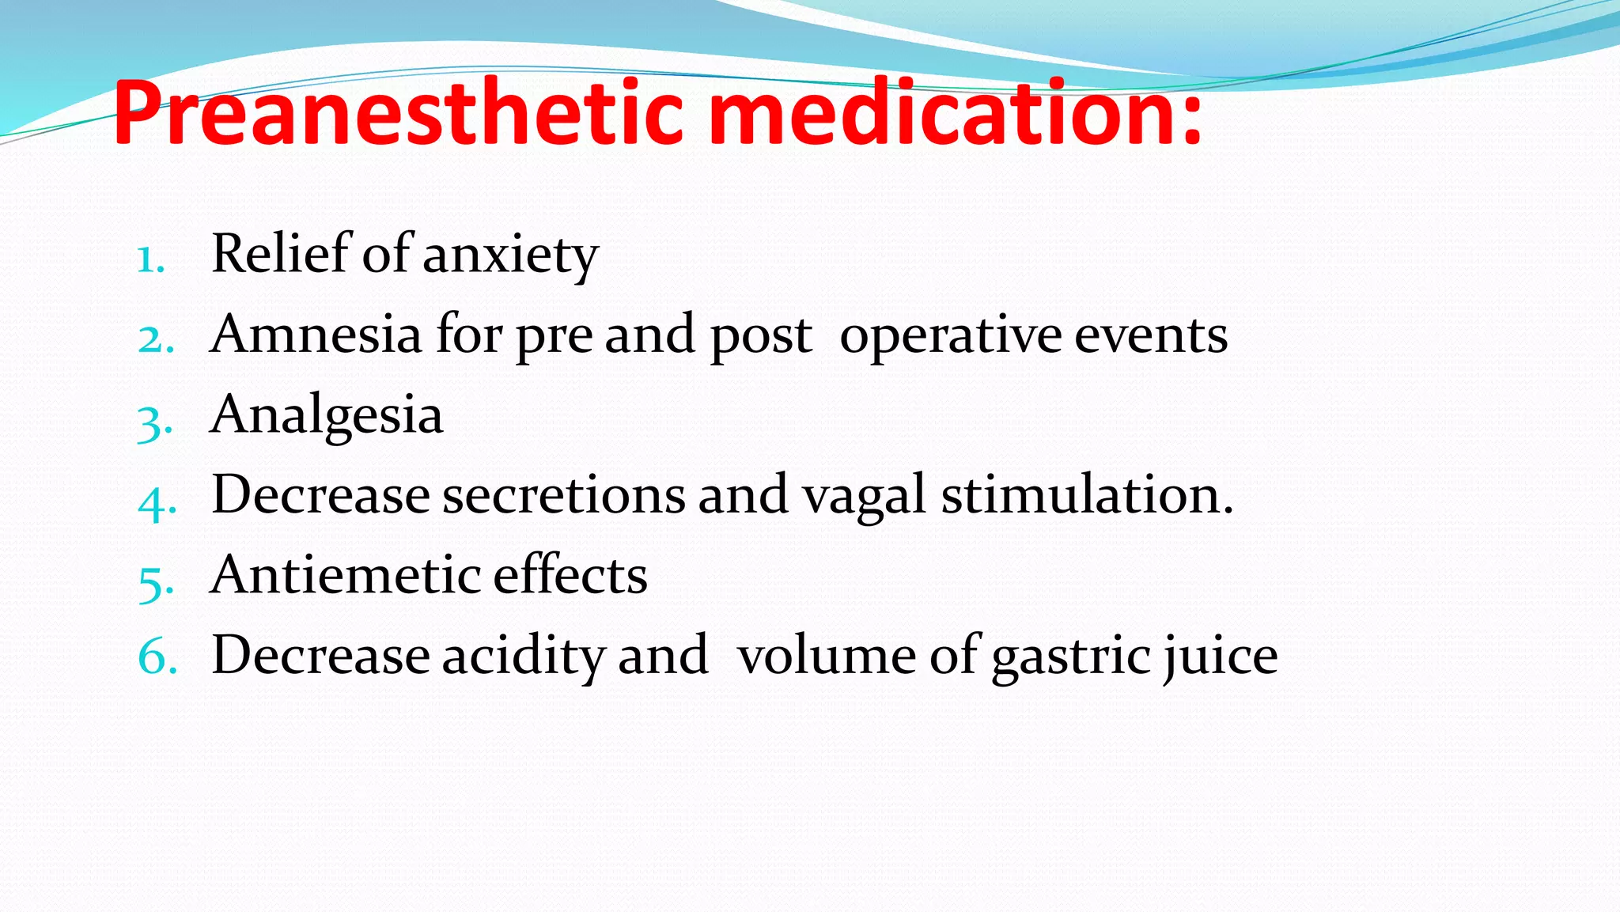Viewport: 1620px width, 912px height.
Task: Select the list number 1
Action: coord(150,259)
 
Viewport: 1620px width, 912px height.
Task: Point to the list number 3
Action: coord(154,422)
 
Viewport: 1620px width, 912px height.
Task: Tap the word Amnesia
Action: coord(316,334)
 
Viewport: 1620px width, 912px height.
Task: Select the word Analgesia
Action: coord(326,416)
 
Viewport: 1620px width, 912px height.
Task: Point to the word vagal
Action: coord(864,497)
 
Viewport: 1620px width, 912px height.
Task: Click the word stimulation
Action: coord(1087,495)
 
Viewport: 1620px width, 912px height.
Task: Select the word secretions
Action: coord(564,496)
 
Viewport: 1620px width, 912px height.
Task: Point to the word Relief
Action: coord(280,254)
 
